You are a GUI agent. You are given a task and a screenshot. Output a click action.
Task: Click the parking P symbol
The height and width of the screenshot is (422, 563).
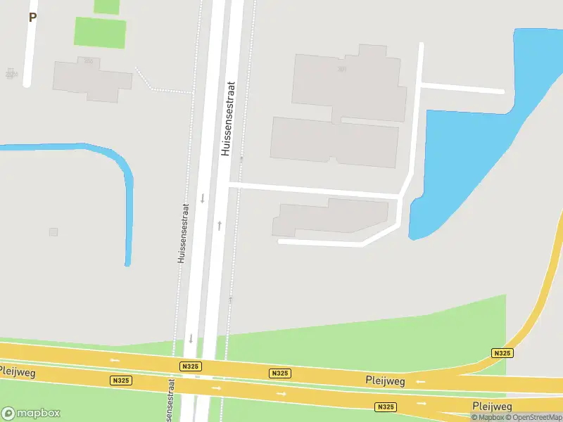pos(32,18)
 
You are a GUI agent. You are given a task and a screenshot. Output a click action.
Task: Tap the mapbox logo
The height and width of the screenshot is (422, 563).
pos(31,414)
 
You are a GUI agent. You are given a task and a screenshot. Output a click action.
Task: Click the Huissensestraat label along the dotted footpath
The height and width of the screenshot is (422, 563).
pos(183,234)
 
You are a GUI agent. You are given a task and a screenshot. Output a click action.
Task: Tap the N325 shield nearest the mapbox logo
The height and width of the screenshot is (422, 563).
pos(121,380)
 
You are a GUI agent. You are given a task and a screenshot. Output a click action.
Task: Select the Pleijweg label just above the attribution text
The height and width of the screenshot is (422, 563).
pos(492,407)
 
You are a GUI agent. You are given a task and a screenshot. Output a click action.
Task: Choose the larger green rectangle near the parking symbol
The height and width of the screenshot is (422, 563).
pos(101,32)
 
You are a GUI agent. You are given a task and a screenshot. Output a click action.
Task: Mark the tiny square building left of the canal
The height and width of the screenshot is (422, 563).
pos(53,232)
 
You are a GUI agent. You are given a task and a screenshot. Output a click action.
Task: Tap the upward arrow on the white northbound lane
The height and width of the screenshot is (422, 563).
pos(220,226)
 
